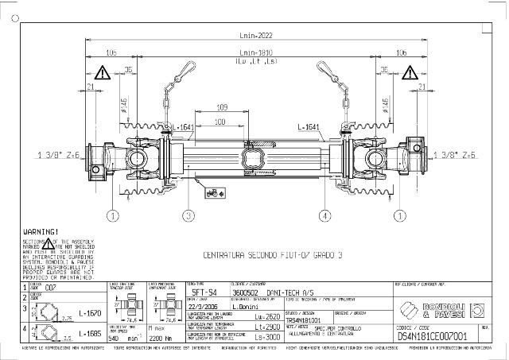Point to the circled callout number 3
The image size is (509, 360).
[x=188, y=215]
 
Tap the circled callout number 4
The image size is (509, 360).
[x=325, y=215]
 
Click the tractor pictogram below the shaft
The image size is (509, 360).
[x=213, y=192]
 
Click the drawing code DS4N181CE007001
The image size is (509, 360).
[x=430, y=336]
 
